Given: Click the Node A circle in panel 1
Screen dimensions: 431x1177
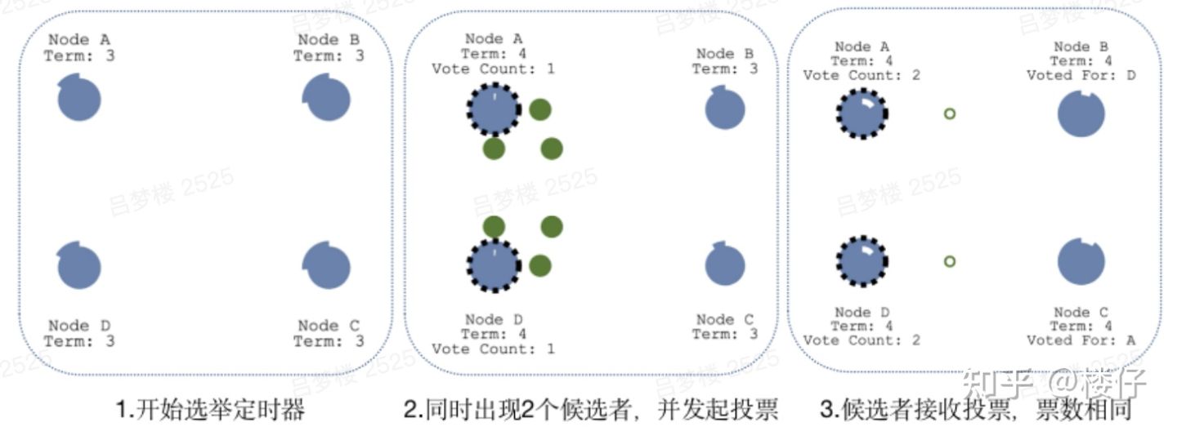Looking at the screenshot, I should [x=79, y=100].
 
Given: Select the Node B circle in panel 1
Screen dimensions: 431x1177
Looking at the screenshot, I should [x=327, y=98].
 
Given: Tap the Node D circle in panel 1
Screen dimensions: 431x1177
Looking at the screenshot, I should [x=79, y=266].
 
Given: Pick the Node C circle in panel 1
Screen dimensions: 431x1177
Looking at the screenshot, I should [x=327, y=266].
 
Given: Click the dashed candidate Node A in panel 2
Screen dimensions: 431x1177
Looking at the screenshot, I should [x=494, y=109].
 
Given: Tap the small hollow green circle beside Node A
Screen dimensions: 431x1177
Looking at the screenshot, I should [x=949, y=113].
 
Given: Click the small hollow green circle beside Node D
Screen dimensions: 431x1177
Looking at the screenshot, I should [x=949, y=262].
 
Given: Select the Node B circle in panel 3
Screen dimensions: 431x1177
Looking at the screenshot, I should [x=1081, y=113].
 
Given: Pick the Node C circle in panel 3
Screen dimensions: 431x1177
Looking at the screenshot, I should [x=1081, y=262].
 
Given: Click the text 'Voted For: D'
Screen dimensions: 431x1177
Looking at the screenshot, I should [x=1081, y=75].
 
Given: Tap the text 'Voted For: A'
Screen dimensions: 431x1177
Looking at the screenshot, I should [x=1081, y=340].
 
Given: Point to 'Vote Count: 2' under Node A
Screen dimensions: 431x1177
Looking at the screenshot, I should [x=861, y=75].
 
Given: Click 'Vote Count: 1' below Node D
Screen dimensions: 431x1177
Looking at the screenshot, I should [x=493, y=349].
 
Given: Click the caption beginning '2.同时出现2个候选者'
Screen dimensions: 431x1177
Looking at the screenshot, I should [x=590, y=409].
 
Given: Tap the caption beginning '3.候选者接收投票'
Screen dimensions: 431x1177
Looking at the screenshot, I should [x=968, y=409].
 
